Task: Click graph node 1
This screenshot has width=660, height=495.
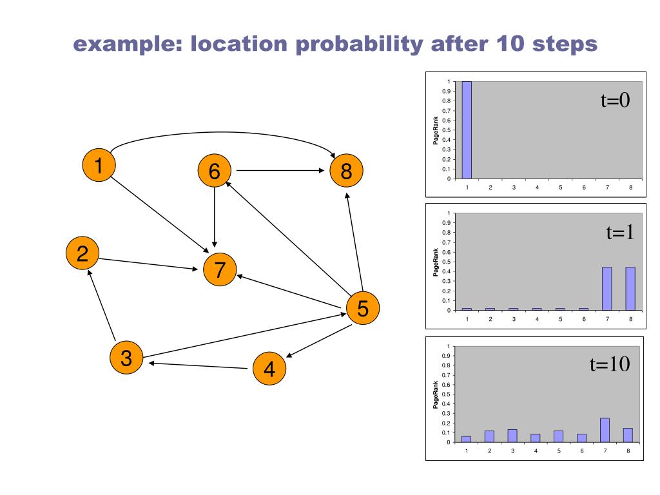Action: pos(99,165)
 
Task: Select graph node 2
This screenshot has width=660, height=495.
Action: pos(82,253)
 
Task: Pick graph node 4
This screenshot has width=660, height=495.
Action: pos(269,369)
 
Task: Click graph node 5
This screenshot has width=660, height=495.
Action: pos(363,309)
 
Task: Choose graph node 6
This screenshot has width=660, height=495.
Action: pos(215,171)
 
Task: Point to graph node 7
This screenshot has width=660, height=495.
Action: pos(220,270)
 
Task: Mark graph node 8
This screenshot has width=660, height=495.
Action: pos(346,171)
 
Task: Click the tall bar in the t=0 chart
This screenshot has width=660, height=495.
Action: pos(467,130)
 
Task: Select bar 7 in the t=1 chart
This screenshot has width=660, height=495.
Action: pos(607,288)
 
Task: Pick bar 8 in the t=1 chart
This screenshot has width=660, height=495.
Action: pos(630,288)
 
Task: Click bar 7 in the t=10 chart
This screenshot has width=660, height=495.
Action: pos(605,430)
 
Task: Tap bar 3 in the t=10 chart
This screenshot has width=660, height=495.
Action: pos(512,436)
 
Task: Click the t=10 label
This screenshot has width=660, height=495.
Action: pos(610,365)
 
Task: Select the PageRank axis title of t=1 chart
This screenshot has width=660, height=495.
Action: pos(436,262)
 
